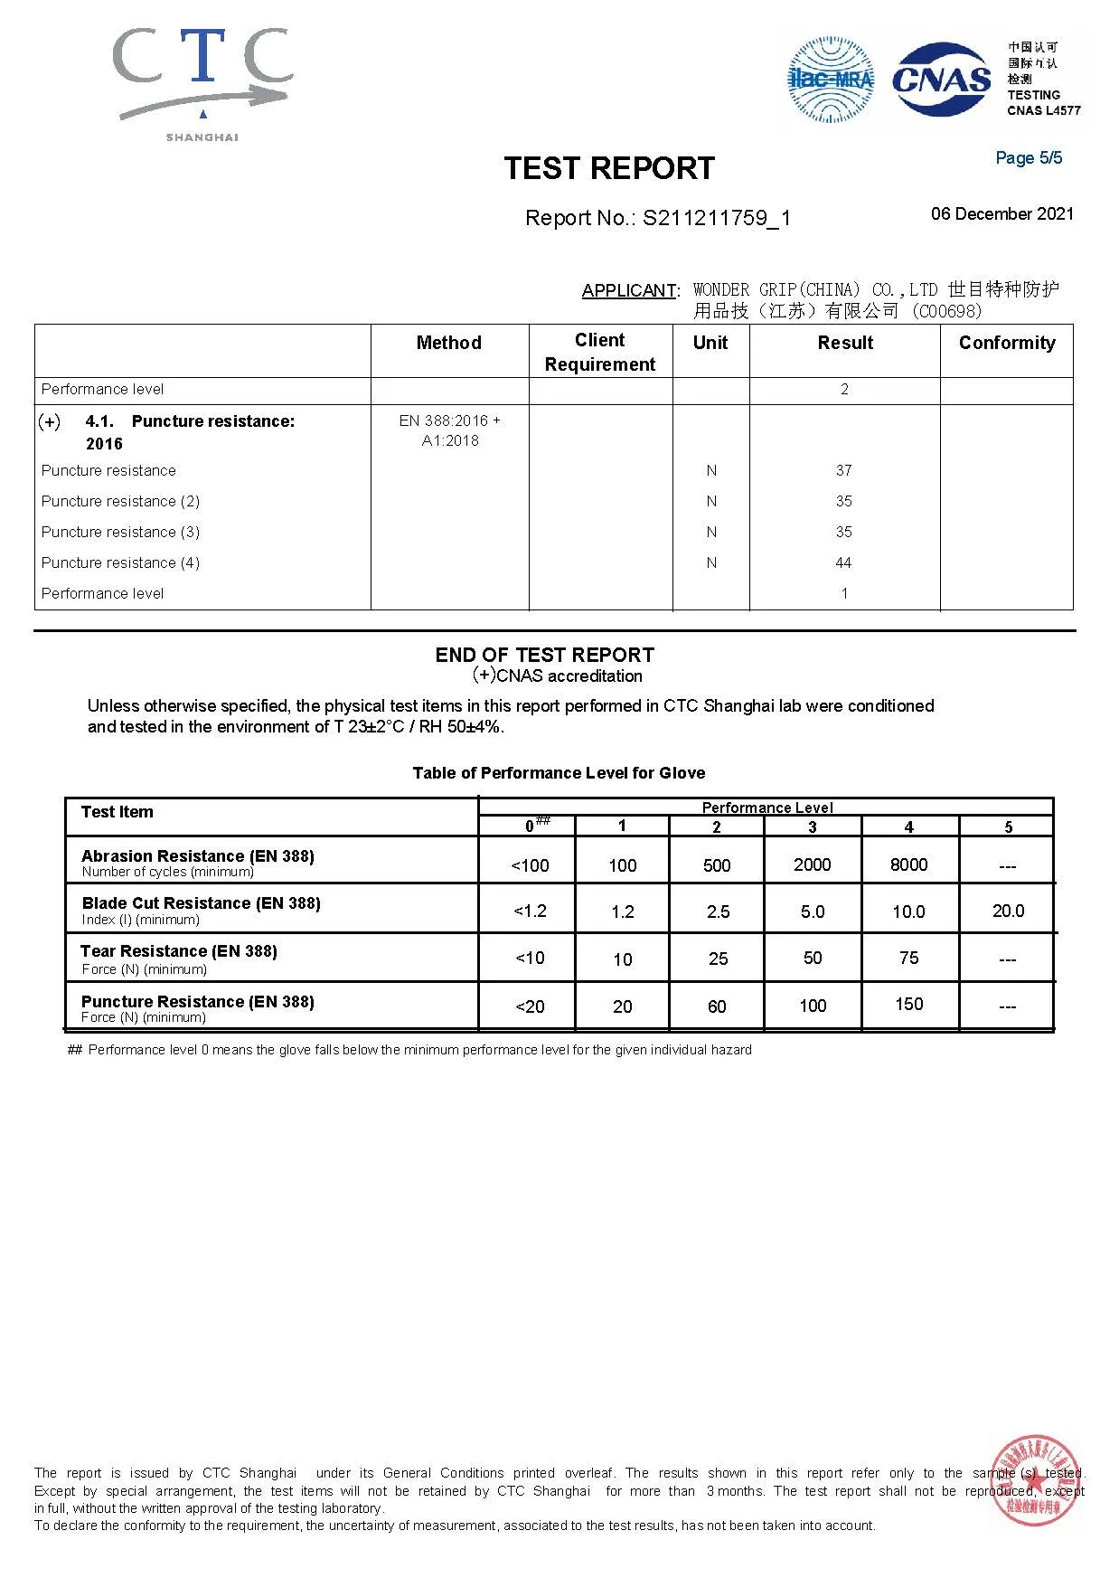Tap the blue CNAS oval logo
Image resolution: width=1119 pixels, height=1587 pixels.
click(x=941, y=80)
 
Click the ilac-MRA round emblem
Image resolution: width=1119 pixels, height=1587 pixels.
click(x=830, y=80)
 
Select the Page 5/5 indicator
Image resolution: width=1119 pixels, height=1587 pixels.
click(x=1029, y=158)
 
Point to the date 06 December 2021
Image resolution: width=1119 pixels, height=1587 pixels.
click(x=1002, y=214)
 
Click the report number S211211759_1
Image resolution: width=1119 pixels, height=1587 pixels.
click(x=717, y=218)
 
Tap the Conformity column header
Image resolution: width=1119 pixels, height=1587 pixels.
click(x=1007, y=343)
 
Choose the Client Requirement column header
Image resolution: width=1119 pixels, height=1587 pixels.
click(x=600, y=352)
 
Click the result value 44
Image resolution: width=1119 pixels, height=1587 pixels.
click(x=843, y=562)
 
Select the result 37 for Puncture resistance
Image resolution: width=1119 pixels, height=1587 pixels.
click(x=843, y=470)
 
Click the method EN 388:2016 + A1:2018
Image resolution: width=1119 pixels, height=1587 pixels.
click(x=449, y=430)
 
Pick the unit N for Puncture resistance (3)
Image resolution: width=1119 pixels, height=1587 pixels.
click(x=711, y=532)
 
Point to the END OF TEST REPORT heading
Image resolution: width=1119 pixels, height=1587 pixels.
click(x=544, y=655)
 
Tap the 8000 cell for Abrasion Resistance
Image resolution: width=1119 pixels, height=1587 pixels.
click(x=908, y=864)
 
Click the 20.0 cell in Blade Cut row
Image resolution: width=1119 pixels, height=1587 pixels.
click(x=1008, y=911)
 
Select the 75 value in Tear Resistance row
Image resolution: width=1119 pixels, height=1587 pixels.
click(x=908, y=958)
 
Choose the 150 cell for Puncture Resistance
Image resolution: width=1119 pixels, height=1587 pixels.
click(x=908, y=1004)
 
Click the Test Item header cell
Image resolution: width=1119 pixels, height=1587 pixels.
click(x=118, y=812)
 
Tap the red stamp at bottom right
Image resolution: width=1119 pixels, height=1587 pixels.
click(x=1036, y=1480)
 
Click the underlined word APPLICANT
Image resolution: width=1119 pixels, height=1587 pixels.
click(x=629, y=290)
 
